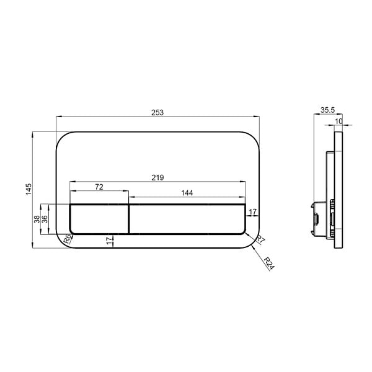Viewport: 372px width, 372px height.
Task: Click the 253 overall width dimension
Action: click(x=157, y=112)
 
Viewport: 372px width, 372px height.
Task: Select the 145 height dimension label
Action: click(x=29, y=189)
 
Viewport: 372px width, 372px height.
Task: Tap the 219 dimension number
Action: click(x=157, y=177)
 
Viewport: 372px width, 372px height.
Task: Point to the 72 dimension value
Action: click(x=99, y=187)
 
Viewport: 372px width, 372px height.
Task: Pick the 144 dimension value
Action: click(x=187, y=193)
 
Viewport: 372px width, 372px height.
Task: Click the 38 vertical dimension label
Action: click(x=37, y=219)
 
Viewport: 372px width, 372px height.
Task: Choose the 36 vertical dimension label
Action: click(x=45, y=219)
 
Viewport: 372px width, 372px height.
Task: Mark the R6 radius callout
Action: click(x=68, y=239)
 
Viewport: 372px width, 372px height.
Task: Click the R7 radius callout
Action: click(x=260, y=239)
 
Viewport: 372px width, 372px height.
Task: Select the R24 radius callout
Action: click(x=269, y=263)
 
